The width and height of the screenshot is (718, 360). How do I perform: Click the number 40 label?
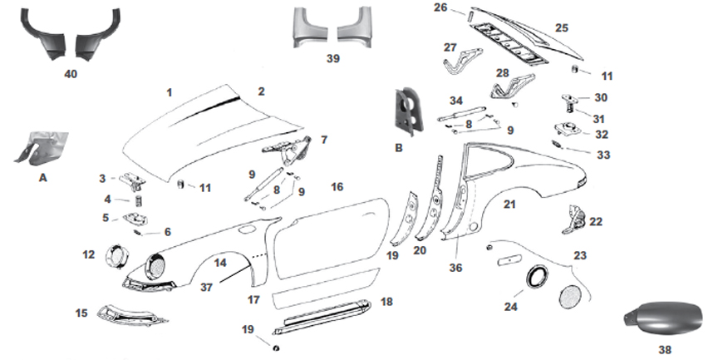(x=70, y=74)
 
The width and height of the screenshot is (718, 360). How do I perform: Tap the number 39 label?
(x=333, y=59)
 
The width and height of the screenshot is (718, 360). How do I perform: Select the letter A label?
(x=41, y=177)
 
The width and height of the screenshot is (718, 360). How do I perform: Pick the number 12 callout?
(x=89, y=254)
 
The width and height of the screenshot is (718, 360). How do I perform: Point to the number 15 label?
(x=81, y=313)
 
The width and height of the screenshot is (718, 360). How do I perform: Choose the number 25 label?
(x=562, y=27)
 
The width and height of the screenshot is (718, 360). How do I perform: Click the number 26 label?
(x=440, y=8)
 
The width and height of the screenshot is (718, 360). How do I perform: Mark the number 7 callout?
(x=323, y=140)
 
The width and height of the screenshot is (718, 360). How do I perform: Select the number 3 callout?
(x=101, y=178)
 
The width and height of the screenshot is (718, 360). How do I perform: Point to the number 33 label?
(x=602, y=154)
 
